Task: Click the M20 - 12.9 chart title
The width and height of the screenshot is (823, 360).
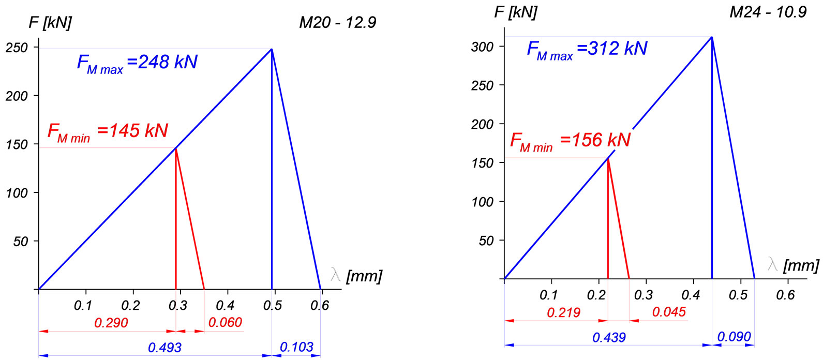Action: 337,22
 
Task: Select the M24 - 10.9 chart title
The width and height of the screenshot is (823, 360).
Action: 768,12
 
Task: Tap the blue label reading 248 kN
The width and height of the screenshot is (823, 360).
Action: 137,63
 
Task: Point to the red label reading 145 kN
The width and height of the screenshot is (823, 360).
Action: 108,131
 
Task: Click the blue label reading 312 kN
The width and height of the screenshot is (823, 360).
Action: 587,49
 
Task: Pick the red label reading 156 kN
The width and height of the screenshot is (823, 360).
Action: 570,140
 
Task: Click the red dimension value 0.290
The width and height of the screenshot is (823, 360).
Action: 111,323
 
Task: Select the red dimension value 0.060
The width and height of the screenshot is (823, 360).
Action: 225,322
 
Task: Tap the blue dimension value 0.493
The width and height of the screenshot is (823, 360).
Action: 164,347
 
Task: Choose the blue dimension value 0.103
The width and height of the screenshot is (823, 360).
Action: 296,347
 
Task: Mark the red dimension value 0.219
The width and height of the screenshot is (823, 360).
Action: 563,312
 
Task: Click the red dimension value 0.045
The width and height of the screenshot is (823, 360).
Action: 669,312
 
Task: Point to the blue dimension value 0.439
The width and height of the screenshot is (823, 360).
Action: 609,337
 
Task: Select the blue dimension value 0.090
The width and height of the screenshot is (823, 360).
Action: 734,337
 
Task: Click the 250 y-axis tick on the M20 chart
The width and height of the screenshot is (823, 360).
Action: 17,48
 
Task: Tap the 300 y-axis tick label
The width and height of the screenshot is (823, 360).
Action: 482,47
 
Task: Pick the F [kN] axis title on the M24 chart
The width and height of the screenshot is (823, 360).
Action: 516,12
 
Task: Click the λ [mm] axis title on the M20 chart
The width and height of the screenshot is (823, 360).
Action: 356,276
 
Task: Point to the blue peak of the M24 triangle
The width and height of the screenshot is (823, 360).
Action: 712,37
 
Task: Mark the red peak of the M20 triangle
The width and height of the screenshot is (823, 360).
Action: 176,149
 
